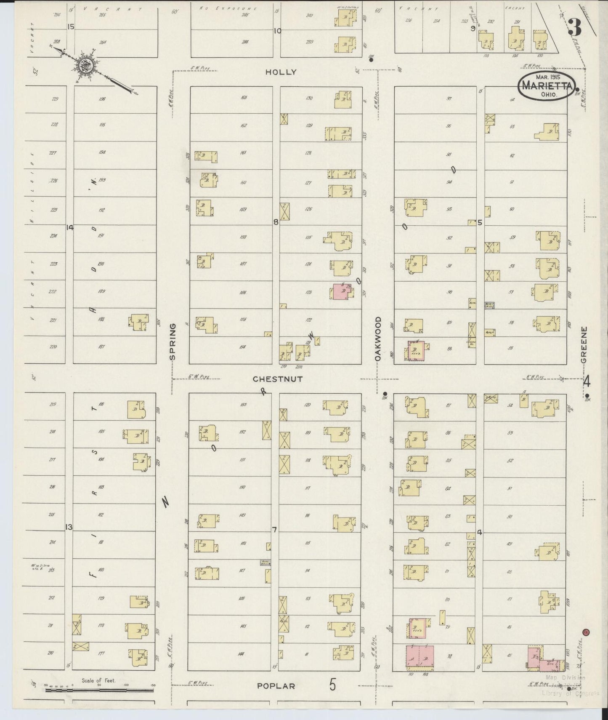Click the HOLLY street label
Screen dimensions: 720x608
point(281,72)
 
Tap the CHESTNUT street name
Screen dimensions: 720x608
point(277,379)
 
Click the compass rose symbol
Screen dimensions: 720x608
point(87,65)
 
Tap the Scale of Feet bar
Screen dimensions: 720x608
point(99,690)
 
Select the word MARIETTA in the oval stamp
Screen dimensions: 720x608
point(547,85)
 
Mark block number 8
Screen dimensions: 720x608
point(276,222)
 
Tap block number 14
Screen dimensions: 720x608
point(69,227)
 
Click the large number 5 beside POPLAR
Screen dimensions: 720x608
point(332,685)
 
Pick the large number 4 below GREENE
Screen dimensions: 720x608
point(587,382)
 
